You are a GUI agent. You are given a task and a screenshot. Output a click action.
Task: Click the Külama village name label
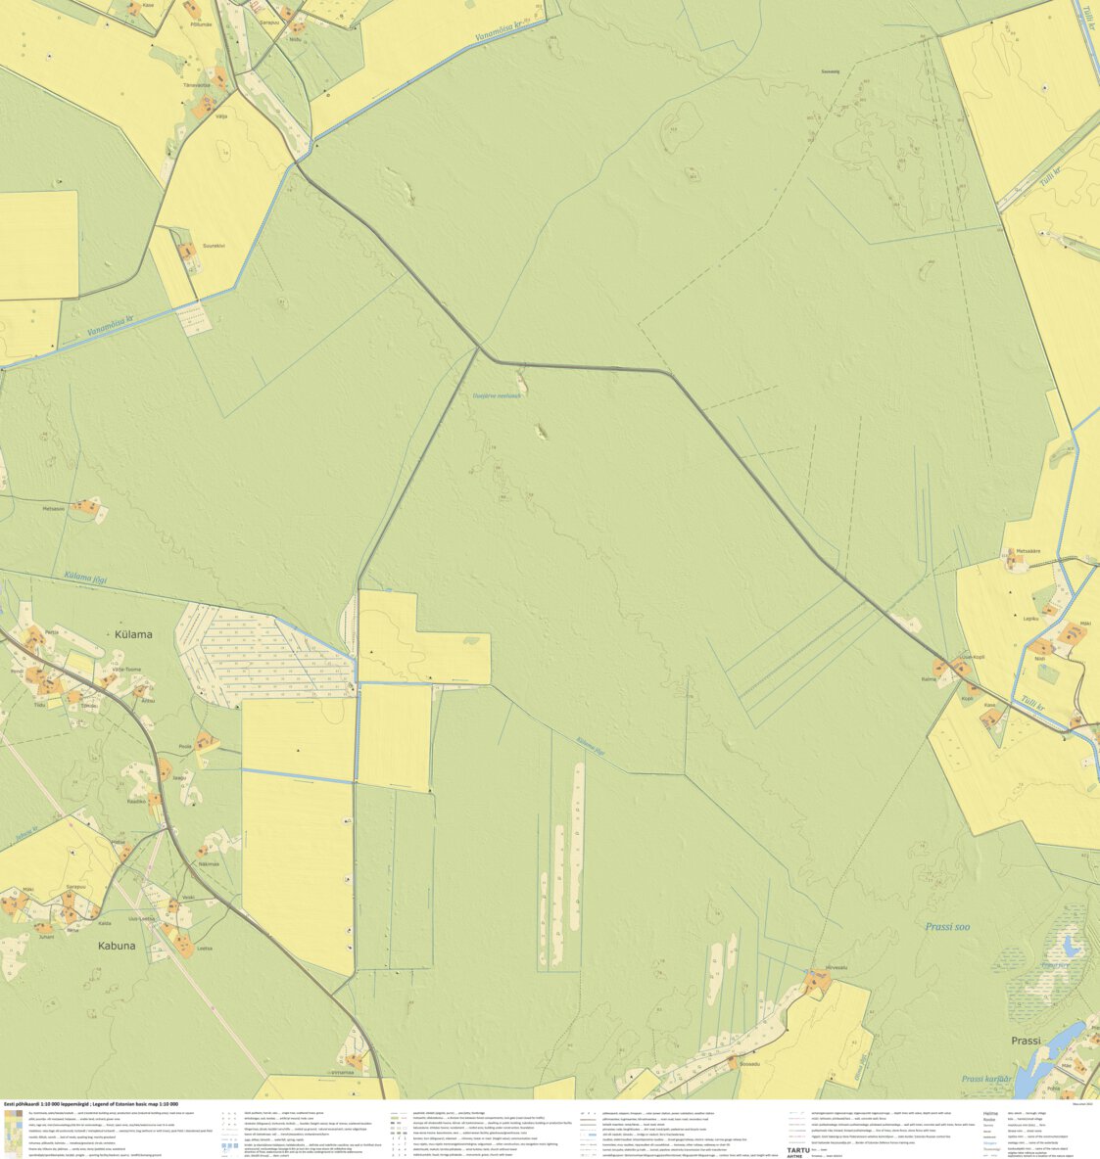[x=133, y=634]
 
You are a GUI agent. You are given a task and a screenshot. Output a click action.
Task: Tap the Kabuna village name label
[x=117, y=947]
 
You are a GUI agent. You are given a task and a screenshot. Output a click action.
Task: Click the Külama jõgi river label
[x=84, y=579]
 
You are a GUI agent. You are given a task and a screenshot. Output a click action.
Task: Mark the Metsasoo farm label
[x=53, y=508]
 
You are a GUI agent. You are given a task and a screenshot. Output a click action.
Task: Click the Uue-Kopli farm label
[x=973, y=657]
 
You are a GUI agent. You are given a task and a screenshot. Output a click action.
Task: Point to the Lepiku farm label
[x=1030, y=619]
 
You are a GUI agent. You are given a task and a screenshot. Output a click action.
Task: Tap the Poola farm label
[x=185, y=746]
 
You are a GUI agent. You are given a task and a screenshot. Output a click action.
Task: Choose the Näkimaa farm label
[x=209, y=864]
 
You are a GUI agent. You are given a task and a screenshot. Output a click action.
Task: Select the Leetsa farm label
[x=204, y=949]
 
